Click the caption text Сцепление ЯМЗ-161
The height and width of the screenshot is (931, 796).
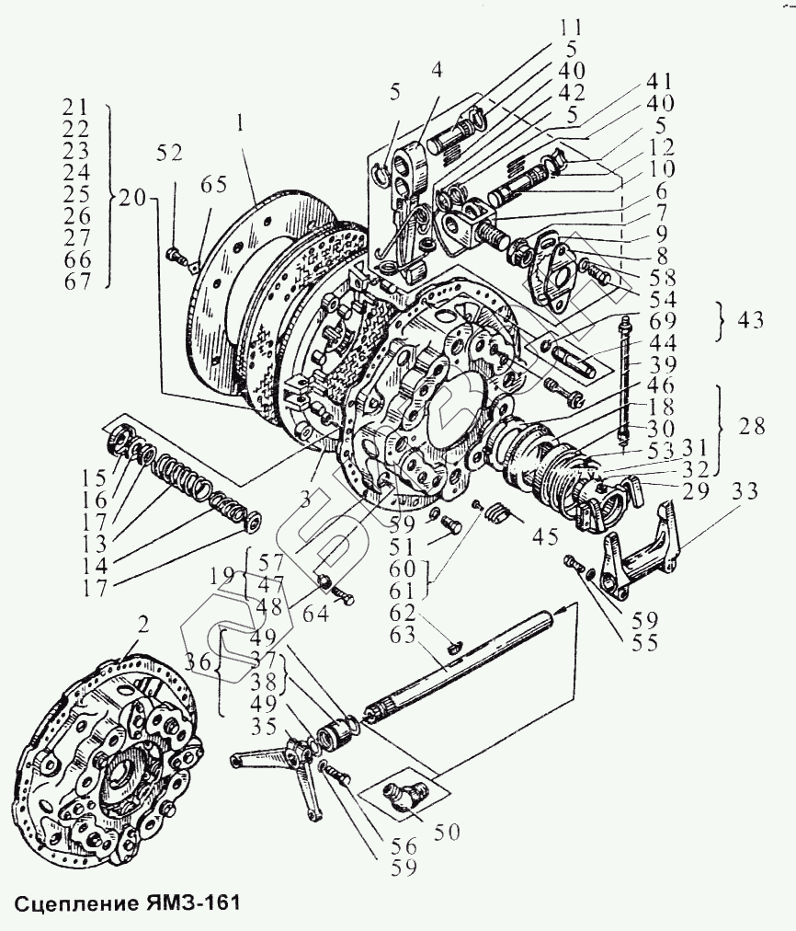point(127,901)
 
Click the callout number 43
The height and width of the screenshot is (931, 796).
point(751,321)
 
